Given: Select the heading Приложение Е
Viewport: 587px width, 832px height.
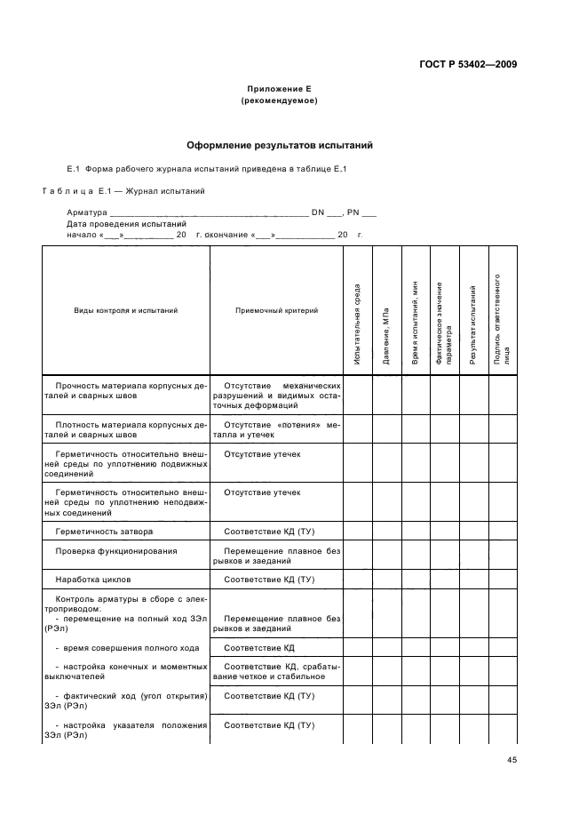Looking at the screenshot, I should tap(280, 90).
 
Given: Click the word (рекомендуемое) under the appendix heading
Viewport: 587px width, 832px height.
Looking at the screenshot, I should tap(280, 101).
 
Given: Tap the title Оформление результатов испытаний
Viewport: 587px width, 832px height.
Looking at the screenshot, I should tap(280, 144).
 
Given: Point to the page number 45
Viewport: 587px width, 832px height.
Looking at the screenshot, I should tap(512, 759).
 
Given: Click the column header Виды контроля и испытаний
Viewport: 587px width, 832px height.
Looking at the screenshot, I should tap(125, 310).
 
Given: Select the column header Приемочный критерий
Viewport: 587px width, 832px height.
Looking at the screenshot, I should tap(276, 310).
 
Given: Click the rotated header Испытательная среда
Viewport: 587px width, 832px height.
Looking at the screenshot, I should tap(357, 324).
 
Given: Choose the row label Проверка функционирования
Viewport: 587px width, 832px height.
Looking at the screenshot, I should tap(115, 551).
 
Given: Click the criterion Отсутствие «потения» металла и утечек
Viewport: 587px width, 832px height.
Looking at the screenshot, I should tap(276, 430).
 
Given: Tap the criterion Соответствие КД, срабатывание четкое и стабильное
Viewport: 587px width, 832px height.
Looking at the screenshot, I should tap(276, 670).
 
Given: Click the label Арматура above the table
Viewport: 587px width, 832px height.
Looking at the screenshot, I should tap(86, 212).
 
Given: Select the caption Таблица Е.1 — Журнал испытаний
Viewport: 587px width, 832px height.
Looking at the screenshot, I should tap(124, 191).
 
